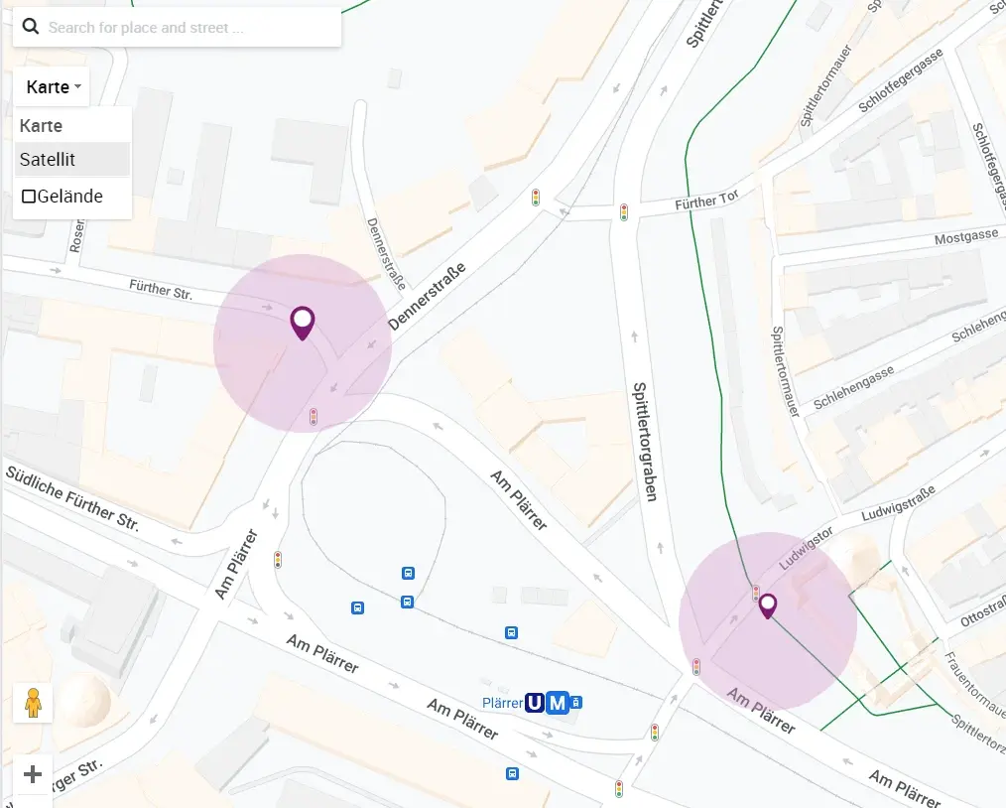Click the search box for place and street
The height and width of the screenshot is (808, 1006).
pos(189,28)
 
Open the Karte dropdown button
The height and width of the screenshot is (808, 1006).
pos(53,87)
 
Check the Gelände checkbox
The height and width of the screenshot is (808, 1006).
pos(29,197)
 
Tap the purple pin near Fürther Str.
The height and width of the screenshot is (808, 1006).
pos(302,323)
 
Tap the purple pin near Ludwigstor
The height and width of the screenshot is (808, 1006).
pos(767,606)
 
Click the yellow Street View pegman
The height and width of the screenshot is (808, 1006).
pos(33,702)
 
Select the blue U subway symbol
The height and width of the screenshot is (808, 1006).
pos(535,703)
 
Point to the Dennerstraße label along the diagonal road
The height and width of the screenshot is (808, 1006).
pos(426,296)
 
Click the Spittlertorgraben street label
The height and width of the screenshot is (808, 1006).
pos(646,442)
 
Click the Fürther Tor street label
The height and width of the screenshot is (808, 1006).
pos(706,202)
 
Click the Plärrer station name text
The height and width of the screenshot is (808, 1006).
pos(502,703)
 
